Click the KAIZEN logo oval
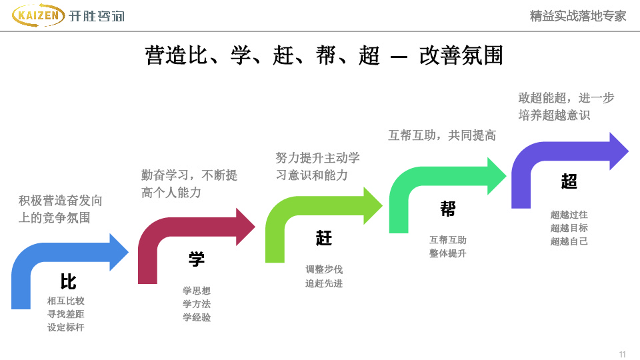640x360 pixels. [x=38, y=16]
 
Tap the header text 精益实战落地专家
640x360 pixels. [x=578, y=16]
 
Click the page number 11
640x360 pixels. [x=623, y=353]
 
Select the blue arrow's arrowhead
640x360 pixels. [x=118, y=252]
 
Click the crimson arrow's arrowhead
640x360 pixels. [x=244, y=227]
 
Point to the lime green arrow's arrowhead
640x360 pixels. [x=371, y=205]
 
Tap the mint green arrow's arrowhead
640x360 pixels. [x=495, y=176]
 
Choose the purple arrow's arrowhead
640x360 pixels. [x=618, y=151]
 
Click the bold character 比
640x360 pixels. [x=68, y=281]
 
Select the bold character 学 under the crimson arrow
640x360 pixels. [x=196, y=259]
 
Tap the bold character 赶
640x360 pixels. [x=324, y=238]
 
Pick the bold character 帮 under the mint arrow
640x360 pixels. [x=448, y=209]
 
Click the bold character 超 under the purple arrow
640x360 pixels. [x=569, y=181]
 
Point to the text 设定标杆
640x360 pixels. [x=66, y=327]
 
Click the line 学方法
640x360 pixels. [x=197, y=304]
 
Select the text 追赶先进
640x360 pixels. [x=324, y=283]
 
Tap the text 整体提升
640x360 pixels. [x=448, y=253]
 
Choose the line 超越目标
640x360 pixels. [x=569, y=228]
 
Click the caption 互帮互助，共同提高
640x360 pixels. [x=442, y=135]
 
